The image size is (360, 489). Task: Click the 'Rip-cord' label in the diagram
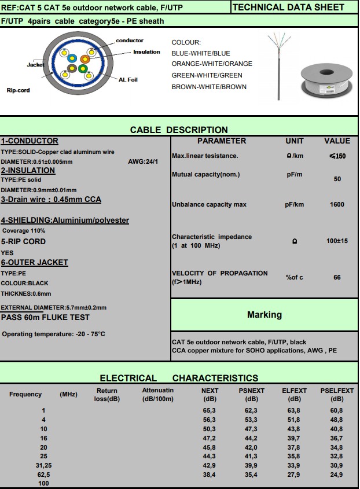pyautogui.click(x=19, y=90)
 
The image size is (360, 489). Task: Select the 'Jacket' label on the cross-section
pyautogui.click(x=35, y=65)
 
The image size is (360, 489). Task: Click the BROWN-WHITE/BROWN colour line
pyautogui.click(x=209, y=87)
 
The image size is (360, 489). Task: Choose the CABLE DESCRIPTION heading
pyautogui.click(x=179, y=130)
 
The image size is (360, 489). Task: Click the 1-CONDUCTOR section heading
pyautogui.click(x=30, y=141)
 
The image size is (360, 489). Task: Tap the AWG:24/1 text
pyautogui.click(x=143, y=161)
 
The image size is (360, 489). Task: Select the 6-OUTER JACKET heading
pyautogui.click(x=35, y=263)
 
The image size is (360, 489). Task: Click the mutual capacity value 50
pyautogui.click(x=337, y=179)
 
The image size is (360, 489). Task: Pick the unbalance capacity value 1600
pyautogui.click(x=337, y=204)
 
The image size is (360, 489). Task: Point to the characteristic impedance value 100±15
pyautogui.click(x=337, y=241)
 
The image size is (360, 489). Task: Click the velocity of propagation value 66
pyautogui.click(x=337, y=277)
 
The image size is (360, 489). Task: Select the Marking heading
pyautogui.click(x=265, y=315)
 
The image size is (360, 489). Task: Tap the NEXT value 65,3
pyautogui.click(x=209, y=410)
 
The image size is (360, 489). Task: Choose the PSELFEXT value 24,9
pyautogui.click(x=336, y=475)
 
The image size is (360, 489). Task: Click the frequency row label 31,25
pyautogui.click(x=44, y=465)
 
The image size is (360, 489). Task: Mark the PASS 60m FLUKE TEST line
pyautogui.click(x=45, y=317)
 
